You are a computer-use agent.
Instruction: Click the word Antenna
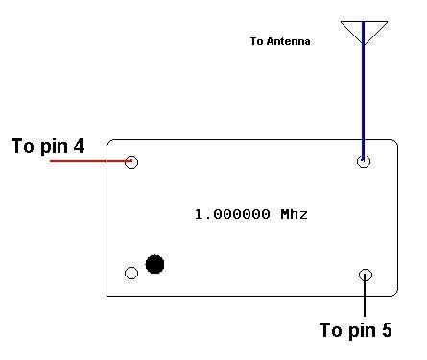[x=294, y=42]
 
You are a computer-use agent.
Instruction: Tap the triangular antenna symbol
[x=364, y=31]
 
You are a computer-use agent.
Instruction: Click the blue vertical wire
[x=363, y=96]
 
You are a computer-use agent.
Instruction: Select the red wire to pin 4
[x=86, y=161]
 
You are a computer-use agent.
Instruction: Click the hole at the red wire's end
[x=132, y=162]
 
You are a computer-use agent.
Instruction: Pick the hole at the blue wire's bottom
[x=363, y=161]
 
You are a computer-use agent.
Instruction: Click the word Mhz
[x=294, y=214]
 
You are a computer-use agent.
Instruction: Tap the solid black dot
[x=154, y=263]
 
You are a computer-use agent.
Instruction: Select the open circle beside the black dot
[x=131, y=273]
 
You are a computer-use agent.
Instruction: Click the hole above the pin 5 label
[x=365, y=276]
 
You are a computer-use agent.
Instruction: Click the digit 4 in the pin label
[x=79, y=147]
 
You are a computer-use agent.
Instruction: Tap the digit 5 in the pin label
[x=386, y=331]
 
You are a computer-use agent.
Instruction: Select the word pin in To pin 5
[x=362, y=331]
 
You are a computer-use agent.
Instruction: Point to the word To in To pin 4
[x=24, y=147]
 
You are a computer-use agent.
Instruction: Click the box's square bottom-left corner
[x=107, y=295]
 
